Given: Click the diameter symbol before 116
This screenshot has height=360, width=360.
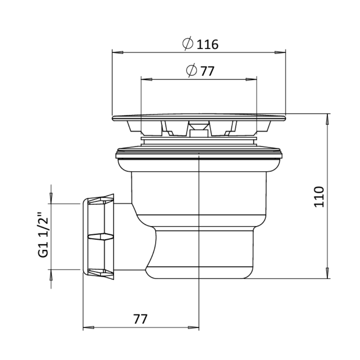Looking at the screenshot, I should (188, 44).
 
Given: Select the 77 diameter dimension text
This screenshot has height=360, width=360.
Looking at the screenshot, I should (207, 71).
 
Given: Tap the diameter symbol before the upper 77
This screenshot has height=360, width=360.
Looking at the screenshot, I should (192, 70).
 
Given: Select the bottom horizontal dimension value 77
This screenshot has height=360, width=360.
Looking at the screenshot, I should (140, 318).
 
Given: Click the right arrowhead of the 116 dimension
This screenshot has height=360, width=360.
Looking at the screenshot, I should (280, 53).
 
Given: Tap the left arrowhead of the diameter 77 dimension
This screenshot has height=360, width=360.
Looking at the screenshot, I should (146, 79).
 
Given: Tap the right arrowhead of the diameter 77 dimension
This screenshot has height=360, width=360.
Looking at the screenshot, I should (252, 79).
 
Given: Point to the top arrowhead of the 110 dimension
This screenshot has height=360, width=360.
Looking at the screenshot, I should (327, 120).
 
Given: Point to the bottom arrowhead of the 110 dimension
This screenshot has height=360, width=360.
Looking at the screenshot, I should (327, 273).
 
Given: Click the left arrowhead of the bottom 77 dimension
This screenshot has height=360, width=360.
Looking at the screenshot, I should (88, 327).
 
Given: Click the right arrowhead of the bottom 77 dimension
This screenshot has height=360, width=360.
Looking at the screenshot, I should (193, 327).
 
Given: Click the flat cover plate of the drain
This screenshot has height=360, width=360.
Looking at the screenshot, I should (199, 117).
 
